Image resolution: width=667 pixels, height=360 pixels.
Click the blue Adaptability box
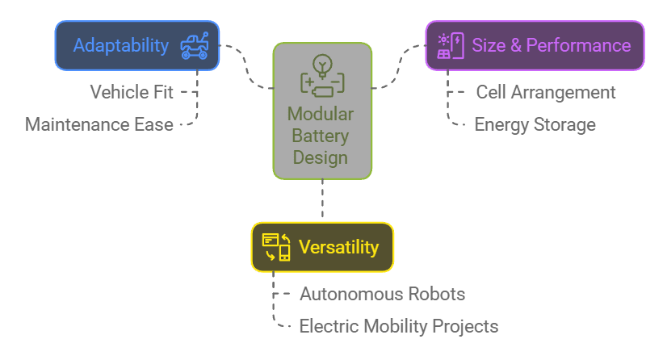click(x=137, y=45)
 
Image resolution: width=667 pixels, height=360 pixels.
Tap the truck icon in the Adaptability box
click(x=195, y=45)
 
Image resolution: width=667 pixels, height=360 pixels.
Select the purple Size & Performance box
click(x=535, y=45)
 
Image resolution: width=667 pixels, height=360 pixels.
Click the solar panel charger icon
click(x=451, y=45)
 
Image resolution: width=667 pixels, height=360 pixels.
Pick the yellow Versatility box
click(x=322, y=247)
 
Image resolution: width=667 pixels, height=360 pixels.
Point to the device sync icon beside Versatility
click(x=276, y=247)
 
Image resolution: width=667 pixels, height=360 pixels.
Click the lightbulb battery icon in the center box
click(x=322, y=76)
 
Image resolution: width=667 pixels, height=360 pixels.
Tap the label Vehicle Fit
click(x=132, y=92)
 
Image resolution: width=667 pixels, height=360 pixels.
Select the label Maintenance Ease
click(x=99, y=124)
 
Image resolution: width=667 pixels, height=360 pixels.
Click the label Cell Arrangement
click(x=546, y=92)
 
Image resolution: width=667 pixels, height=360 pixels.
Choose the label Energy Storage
click(x=535, y=124)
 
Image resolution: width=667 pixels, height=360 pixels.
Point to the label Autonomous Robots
click(x=383, y=294)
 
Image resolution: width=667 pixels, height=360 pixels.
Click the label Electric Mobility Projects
click(x=399, y=326)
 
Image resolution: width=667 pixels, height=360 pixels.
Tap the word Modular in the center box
click(x=321, y=114)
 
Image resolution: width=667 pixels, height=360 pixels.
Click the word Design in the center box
click(x=321, y=157)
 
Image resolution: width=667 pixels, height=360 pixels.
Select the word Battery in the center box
click(x=321, y=136)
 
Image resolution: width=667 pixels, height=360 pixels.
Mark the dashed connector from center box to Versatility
click(x=322, y=198)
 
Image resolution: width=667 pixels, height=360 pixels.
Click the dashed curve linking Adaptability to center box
click(x=246, y=67)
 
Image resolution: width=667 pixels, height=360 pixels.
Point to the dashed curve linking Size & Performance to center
click(x=398, y=67)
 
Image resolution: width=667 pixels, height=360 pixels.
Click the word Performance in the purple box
click(x=578, y=45)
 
